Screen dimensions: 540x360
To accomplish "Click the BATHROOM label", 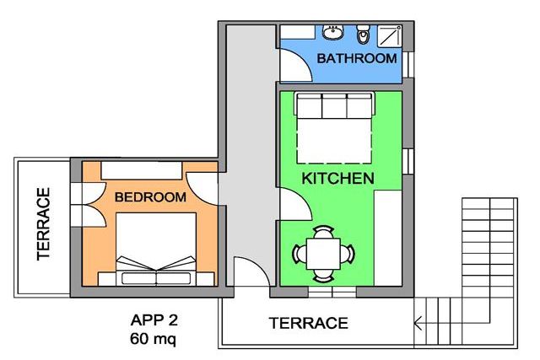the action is click(x=357, y=58).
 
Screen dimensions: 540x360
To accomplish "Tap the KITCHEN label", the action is click(x=337, y=178).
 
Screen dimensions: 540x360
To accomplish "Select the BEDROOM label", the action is click(x=150, y=197).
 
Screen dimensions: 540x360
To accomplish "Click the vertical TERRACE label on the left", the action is click(x=44, y=223).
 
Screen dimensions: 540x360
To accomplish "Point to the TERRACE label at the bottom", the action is click(x=309, y=323).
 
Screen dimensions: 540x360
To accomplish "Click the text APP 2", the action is click(x=154, y=320).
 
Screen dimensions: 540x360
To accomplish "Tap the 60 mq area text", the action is click(x=153, y=339).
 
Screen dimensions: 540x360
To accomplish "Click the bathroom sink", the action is click(x=332, y=32).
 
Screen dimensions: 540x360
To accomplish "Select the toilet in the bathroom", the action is click(x=362, y=34).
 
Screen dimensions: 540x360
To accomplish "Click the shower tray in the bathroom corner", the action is click(x=390, y=35).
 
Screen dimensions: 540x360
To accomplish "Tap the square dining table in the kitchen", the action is click(x=323, y=254).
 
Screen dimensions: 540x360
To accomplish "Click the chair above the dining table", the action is click(x=323, y=232).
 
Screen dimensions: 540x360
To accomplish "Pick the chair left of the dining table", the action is click(x=300, y=254).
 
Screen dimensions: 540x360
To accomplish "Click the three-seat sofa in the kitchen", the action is click(x=334, y=105).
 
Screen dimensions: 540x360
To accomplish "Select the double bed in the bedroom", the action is click(x=156, y=250).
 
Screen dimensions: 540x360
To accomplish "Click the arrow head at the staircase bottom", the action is click(x=418, y=324).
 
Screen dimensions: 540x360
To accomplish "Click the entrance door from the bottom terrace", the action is click(x=251, y=271).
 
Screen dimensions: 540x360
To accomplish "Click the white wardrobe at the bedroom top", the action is click(x=141, y=170).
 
